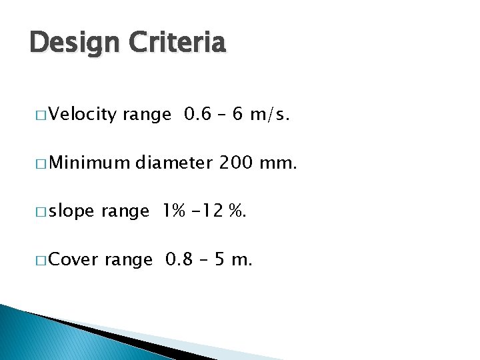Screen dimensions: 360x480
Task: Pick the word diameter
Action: (177, 162)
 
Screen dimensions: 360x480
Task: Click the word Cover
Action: (74, 259)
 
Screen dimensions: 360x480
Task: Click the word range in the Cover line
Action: (129, 259)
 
